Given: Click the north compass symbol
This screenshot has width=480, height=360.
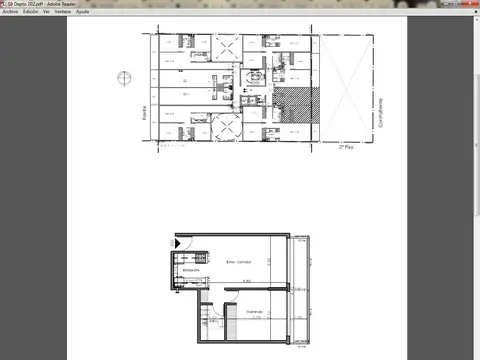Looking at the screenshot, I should [x=122, y=77].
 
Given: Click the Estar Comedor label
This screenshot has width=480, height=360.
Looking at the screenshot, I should [x=238, y=262].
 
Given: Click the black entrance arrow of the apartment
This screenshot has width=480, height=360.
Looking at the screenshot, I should [x=178, y=242].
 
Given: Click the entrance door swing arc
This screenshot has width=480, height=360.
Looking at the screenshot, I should [x=185, y=246].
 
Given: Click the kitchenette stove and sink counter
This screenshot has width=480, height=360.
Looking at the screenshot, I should [x=173, y=271].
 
